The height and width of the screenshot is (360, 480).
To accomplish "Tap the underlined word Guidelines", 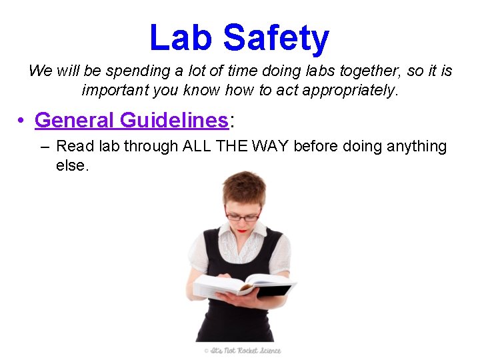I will tap(174, 120).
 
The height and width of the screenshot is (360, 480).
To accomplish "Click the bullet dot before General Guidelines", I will tap(21, 121).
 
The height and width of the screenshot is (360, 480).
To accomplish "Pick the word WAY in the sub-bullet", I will tap(266, 146).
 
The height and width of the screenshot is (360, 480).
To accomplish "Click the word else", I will tap(72, 165).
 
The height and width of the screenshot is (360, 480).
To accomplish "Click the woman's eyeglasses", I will tap(241, 216).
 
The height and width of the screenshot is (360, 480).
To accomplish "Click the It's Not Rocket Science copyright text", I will tap(243, 350).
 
